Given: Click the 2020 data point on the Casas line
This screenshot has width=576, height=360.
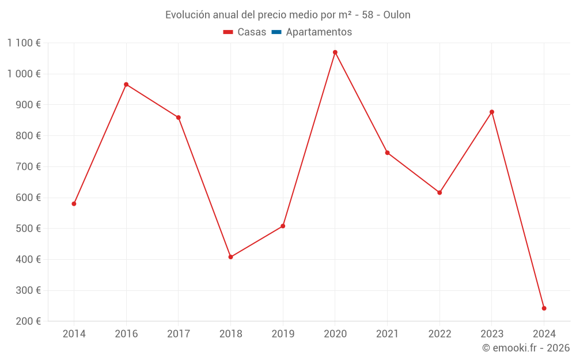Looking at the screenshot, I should tap(335, 52).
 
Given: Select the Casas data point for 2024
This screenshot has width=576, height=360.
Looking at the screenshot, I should tap(544, 308).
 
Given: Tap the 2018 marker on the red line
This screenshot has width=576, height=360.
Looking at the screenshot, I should tap(230, 257).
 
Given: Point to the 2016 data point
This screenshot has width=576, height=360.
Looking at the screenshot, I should tap(126, 85).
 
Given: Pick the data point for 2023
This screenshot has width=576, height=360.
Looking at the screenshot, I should tap(492, 112).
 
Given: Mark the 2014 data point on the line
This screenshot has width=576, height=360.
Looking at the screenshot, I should tap(74, 204).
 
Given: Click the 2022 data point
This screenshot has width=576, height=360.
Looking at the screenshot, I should tap(439, 192).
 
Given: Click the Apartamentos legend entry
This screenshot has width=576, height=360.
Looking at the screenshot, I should tap(319, 32).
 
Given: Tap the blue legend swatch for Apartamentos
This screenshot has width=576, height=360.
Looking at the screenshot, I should tap(276, 32).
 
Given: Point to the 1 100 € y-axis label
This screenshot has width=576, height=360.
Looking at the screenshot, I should tap(24, 43).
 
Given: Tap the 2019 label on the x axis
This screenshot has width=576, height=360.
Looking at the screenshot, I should tap(283, 334).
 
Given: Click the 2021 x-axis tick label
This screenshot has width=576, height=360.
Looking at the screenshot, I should tap(387, 334).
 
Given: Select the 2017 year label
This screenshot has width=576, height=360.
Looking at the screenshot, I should tap(179, 334).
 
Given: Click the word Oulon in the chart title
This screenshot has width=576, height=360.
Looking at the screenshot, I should tap(396, 15).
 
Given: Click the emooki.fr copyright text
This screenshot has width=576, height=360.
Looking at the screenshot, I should tap(526, 348).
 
